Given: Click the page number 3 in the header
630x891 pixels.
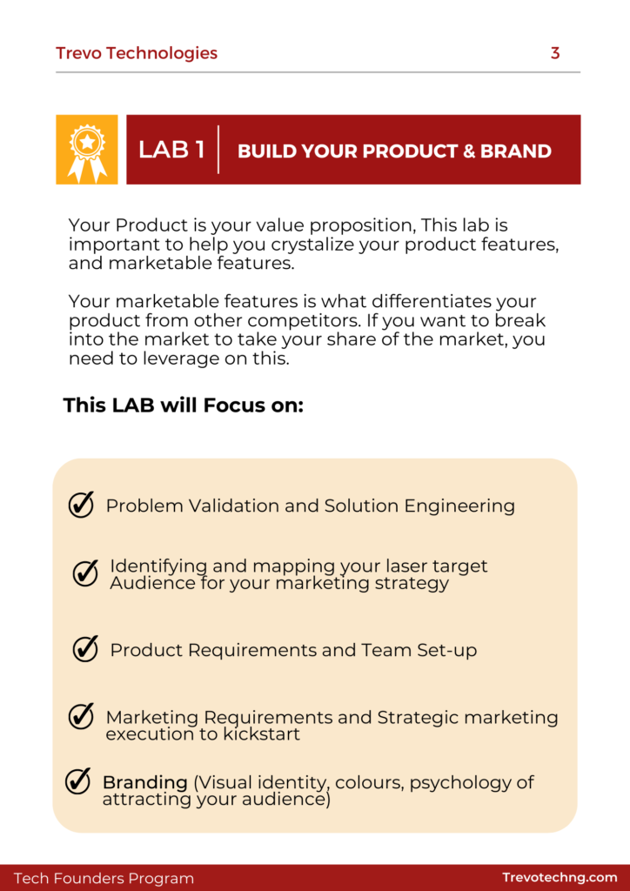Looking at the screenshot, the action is point(555,53).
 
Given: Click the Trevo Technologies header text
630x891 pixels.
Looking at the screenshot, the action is point(137,53).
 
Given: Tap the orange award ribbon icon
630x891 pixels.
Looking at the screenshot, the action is point(87,150).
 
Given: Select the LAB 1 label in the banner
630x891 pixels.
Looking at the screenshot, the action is point(171,150).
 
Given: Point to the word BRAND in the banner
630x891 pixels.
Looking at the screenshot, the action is point(516,151).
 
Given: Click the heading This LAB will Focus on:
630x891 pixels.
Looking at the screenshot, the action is point(184,405).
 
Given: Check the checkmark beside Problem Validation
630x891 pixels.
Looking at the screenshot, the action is point(81,505).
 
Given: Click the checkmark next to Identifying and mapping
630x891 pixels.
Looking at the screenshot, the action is point(85,573).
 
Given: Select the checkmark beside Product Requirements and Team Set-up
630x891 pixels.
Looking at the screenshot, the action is point(85,648).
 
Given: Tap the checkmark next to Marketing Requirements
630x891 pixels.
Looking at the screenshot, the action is point(81,716).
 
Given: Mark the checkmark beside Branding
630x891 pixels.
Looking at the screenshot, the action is point(77,781).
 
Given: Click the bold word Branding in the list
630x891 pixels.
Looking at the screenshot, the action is point(144,782).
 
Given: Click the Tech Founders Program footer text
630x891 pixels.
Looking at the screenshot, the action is point(104,879).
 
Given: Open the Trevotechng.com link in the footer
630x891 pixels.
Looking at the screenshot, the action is point(560,878).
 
